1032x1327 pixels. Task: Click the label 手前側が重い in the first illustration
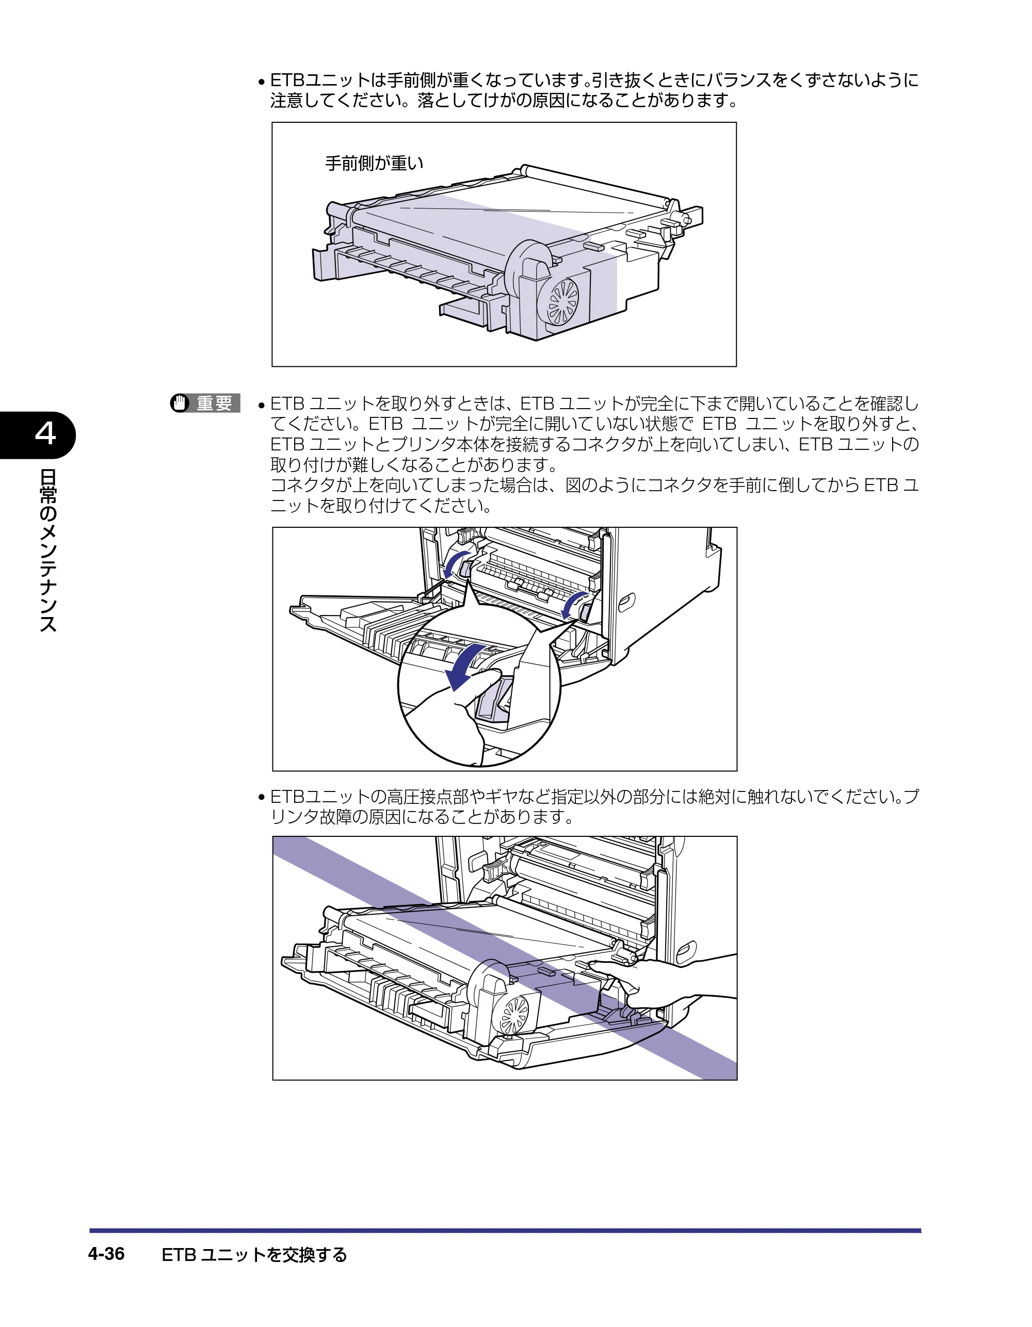click(374, 163)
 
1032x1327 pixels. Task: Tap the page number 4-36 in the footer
click(106, 1254)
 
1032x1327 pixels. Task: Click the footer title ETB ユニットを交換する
click(254, 1254)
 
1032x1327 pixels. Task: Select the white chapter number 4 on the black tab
click(45, 434)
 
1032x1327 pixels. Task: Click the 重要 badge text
click(214, 403)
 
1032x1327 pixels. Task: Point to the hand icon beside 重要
click(180, 403)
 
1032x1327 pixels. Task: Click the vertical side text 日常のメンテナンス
click(47, 551)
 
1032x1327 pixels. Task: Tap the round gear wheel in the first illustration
click(563, 301)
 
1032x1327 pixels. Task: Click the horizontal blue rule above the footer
click(505, 1231)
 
